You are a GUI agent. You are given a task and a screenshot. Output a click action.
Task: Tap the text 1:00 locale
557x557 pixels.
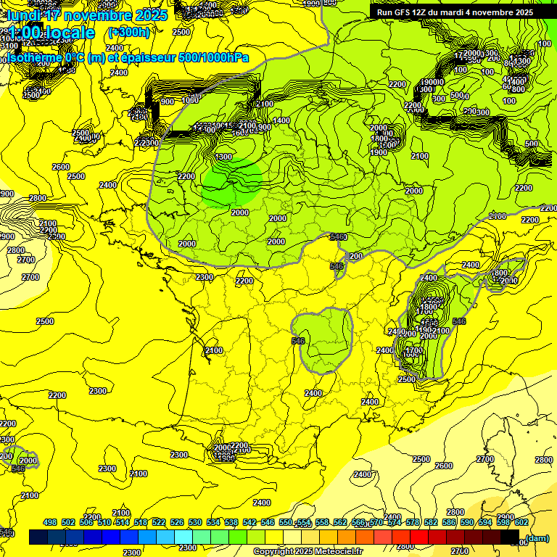pos(52,33)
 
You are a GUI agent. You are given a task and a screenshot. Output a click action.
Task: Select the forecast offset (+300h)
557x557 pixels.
pos(128,32)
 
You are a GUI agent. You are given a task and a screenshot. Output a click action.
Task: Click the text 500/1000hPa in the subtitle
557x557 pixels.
pos(213,57)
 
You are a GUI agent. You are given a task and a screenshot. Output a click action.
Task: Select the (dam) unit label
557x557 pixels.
pos(537,537)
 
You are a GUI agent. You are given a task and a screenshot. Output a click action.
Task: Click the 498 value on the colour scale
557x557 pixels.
pos(50,522)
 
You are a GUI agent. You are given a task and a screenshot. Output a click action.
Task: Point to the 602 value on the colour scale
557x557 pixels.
pos(521,522)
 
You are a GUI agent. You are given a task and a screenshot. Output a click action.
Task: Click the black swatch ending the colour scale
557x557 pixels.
pos(510,537)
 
